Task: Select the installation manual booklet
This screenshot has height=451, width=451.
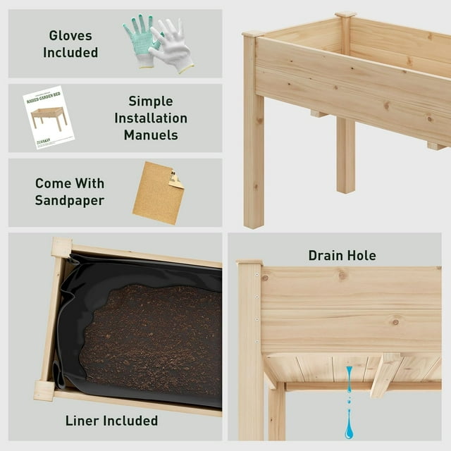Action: (x=48, y=117)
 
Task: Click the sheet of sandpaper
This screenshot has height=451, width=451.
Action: (x=158, y=192)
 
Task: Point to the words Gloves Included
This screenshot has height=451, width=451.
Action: (x=70, y=44)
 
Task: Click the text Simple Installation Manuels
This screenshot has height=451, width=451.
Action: (x=151, y=118)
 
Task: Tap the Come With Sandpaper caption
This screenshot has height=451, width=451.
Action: (x=70, y=192)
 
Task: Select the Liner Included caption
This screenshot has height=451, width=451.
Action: (x=111, y=421)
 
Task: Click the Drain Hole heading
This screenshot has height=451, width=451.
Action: (x=342, y=255)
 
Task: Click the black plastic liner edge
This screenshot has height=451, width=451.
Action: (x=70, y=317)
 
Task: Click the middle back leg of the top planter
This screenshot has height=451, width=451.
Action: (x=345, y=155)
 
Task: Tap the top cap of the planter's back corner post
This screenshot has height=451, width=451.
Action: (x=345, y=14)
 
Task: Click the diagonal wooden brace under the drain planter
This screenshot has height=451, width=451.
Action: (x=386, y=373)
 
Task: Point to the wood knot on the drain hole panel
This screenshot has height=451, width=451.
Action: (x=395, y=322)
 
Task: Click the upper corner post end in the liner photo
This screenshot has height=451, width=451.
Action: (x=61, y=247)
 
